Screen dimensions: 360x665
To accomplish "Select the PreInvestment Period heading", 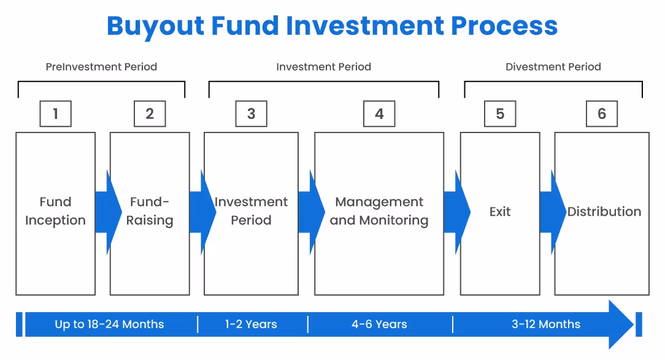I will coord(101,67).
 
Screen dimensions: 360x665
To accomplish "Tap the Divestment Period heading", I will coord(553,67).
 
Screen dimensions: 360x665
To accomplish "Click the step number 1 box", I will coord(55,114).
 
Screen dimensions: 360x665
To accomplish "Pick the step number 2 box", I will coord(150,114).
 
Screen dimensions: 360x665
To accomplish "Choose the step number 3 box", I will coord(251,114).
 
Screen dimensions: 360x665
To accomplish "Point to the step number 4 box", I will coord(379,114).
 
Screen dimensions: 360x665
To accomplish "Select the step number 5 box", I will coord(500,114).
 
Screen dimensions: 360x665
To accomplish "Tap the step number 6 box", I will coord(602,114).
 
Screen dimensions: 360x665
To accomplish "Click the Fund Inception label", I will coord(55,212).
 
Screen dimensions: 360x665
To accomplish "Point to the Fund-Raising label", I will coord(150,212).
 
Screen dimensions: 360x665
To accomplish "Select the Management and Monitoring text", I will coord(379,212).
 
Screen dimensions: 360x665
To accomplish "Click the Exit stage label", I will coord(500,212).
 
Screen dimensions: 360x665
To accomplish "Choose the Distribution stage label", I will coord(604,212).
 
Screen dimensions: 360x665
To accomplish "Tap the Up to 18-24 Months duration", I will coord(109,324).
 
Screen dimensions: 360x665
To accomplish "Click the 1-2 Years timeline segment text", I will coord(251,324).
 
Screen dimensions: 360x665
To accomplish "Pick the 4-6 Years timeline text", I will coord(379,324).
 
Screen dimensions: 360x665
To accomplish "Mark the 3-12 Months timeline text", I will coord(546,324).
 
